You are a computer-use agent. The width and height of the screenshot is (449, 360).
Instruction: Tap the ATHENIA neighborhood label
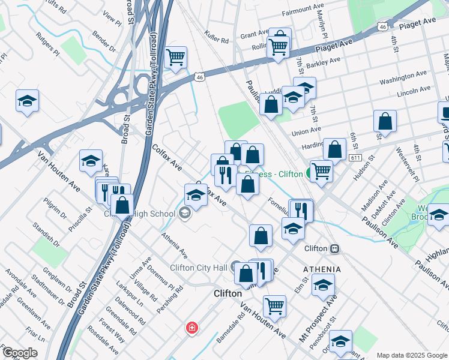322,269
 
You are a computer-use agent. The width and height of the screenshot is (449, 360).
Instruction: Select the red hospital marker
191,328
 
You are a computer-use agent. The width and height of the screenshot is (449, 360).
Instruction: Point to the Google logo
20,353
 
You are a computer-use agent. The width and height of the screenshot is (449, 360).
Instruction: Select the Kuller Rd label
217,38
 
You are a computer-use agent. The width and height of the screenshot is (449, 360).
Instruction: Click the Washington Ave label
403,76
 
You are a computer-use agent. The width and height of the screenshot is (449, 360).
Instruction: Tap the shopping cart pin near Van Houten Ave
274,305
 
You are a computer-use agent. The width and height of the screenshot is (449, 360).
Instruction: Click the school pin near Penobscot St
340,341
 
